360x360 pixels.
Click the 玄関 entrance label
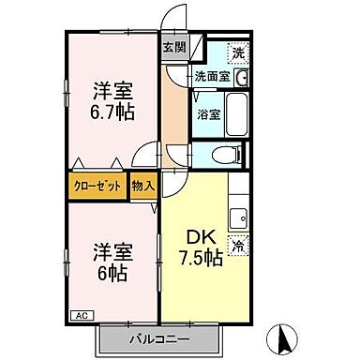click(174, 47)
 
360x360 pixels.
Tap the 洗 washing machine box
click(239, 52)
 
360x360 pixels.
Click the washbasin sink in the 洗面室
click(242, 78)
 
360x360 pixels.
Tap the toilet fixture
click(225, 156)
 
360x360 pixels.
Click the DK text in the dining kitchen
click(200, 235)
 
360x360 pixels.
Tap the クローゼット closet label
click(98, 186)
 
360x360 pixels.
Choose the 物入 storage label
click(142, 186)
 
